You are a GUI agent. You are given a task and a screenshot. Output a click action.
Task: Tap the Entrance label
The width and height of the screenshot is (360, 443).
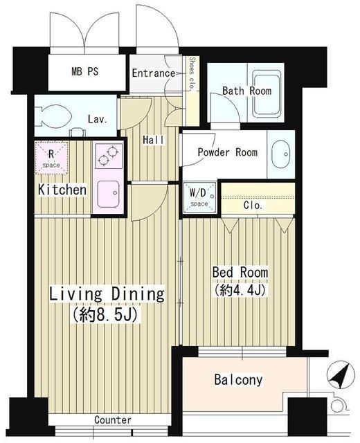coord(153,73)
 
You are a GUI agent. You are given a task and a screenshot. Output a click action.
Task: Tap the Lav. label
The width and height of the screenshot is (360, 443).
coord(97,119)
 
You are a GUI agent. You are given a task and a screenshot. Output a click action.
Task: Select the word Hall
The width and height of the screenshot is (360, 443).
coord(153,140)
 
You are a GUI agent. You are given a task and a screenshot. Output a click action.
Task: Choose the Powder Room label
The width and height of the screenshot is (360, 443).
coord(227,152)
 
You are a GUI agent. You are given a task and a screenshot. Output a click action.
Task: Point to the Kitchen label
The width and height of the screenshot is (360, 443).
coord(62,190)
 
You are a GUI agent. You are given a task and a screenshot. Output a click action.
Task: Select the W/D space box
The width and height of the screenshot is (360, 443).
coord(198,195)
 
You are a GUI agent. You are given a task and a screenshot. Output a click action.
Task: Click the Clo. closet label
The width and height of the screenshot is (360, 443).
coord(253,206)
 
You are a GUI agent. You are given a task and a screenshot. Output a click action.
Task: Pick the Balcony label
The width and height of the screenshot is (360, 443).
coord(237,380)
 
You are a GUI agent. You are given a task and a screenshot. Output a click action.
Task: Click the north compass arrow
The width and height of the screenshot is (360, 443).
coord(338,377)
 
